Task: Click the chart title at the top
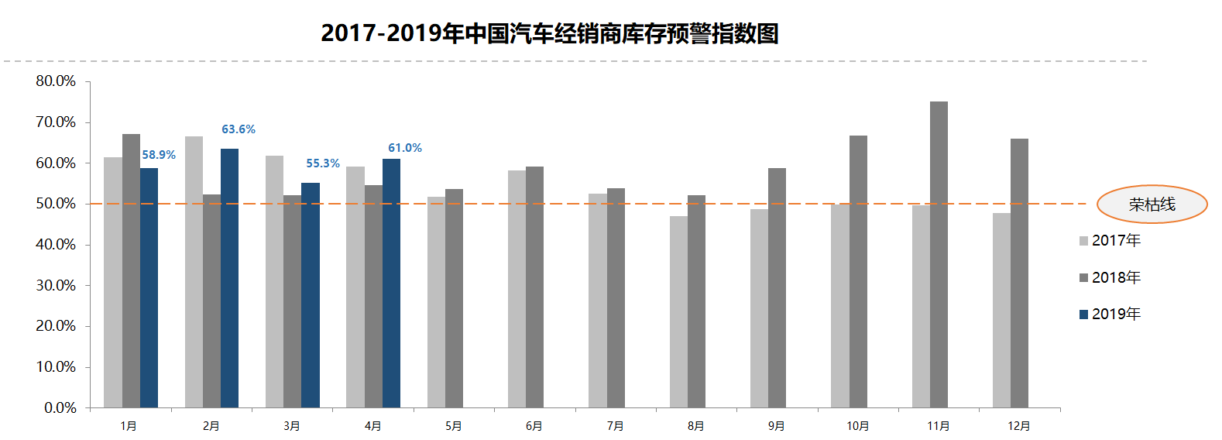549,33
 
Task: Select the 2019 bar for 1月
149,287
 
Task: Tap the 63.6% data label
239,129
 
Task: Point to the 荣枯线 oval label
1152,205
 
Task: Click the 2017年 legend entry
1110,241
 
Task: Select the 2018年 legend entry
1110,277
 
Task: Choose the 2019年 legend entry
1110,314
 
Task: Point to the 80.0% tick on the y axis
56,81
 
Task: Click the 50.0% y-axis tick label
56,204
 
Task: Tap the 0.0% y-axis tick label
60,407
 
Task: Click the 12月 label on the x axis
1019,426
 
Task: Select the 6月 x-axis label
534,426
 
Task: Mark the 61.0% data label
405,148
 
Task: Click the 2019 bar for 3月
311,295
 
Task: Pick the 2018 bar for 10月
858,271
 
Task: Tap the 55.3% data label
323,163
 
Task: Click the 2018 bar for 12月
1019,273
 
